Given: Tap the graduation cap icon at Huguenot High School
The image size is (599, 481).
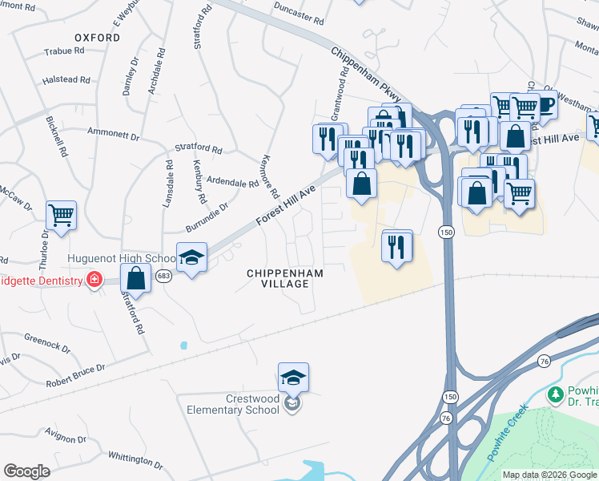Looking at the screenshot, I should point(191,257).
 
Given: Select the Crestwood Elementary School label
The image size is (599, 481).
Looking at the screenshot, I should point(232,403).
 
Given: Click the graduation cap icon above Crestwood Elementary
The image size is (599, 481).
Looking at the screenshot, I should point(293,377).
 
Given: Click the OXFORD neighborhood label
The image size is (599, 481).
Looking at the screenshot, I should point(97,38).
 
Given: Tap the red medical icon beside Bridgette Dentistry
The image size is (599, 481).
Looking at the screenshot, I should point(94,281).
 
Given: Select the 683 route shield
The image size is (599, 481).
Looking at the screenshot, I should point(164,276).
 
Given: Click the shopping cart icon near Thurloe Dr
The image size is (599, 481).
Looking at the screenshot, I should point(61,215).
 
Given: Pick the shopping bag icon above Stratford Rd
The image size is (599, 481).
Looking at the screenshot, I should point(135,279).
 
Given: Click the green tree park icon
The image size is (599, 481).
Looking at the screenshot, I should point(554,394).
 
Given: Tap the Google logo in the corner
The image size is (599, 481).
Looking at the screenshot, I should point(26,471).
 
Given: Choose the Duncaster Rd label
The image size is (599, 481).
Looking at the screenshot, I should point(296,18).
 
